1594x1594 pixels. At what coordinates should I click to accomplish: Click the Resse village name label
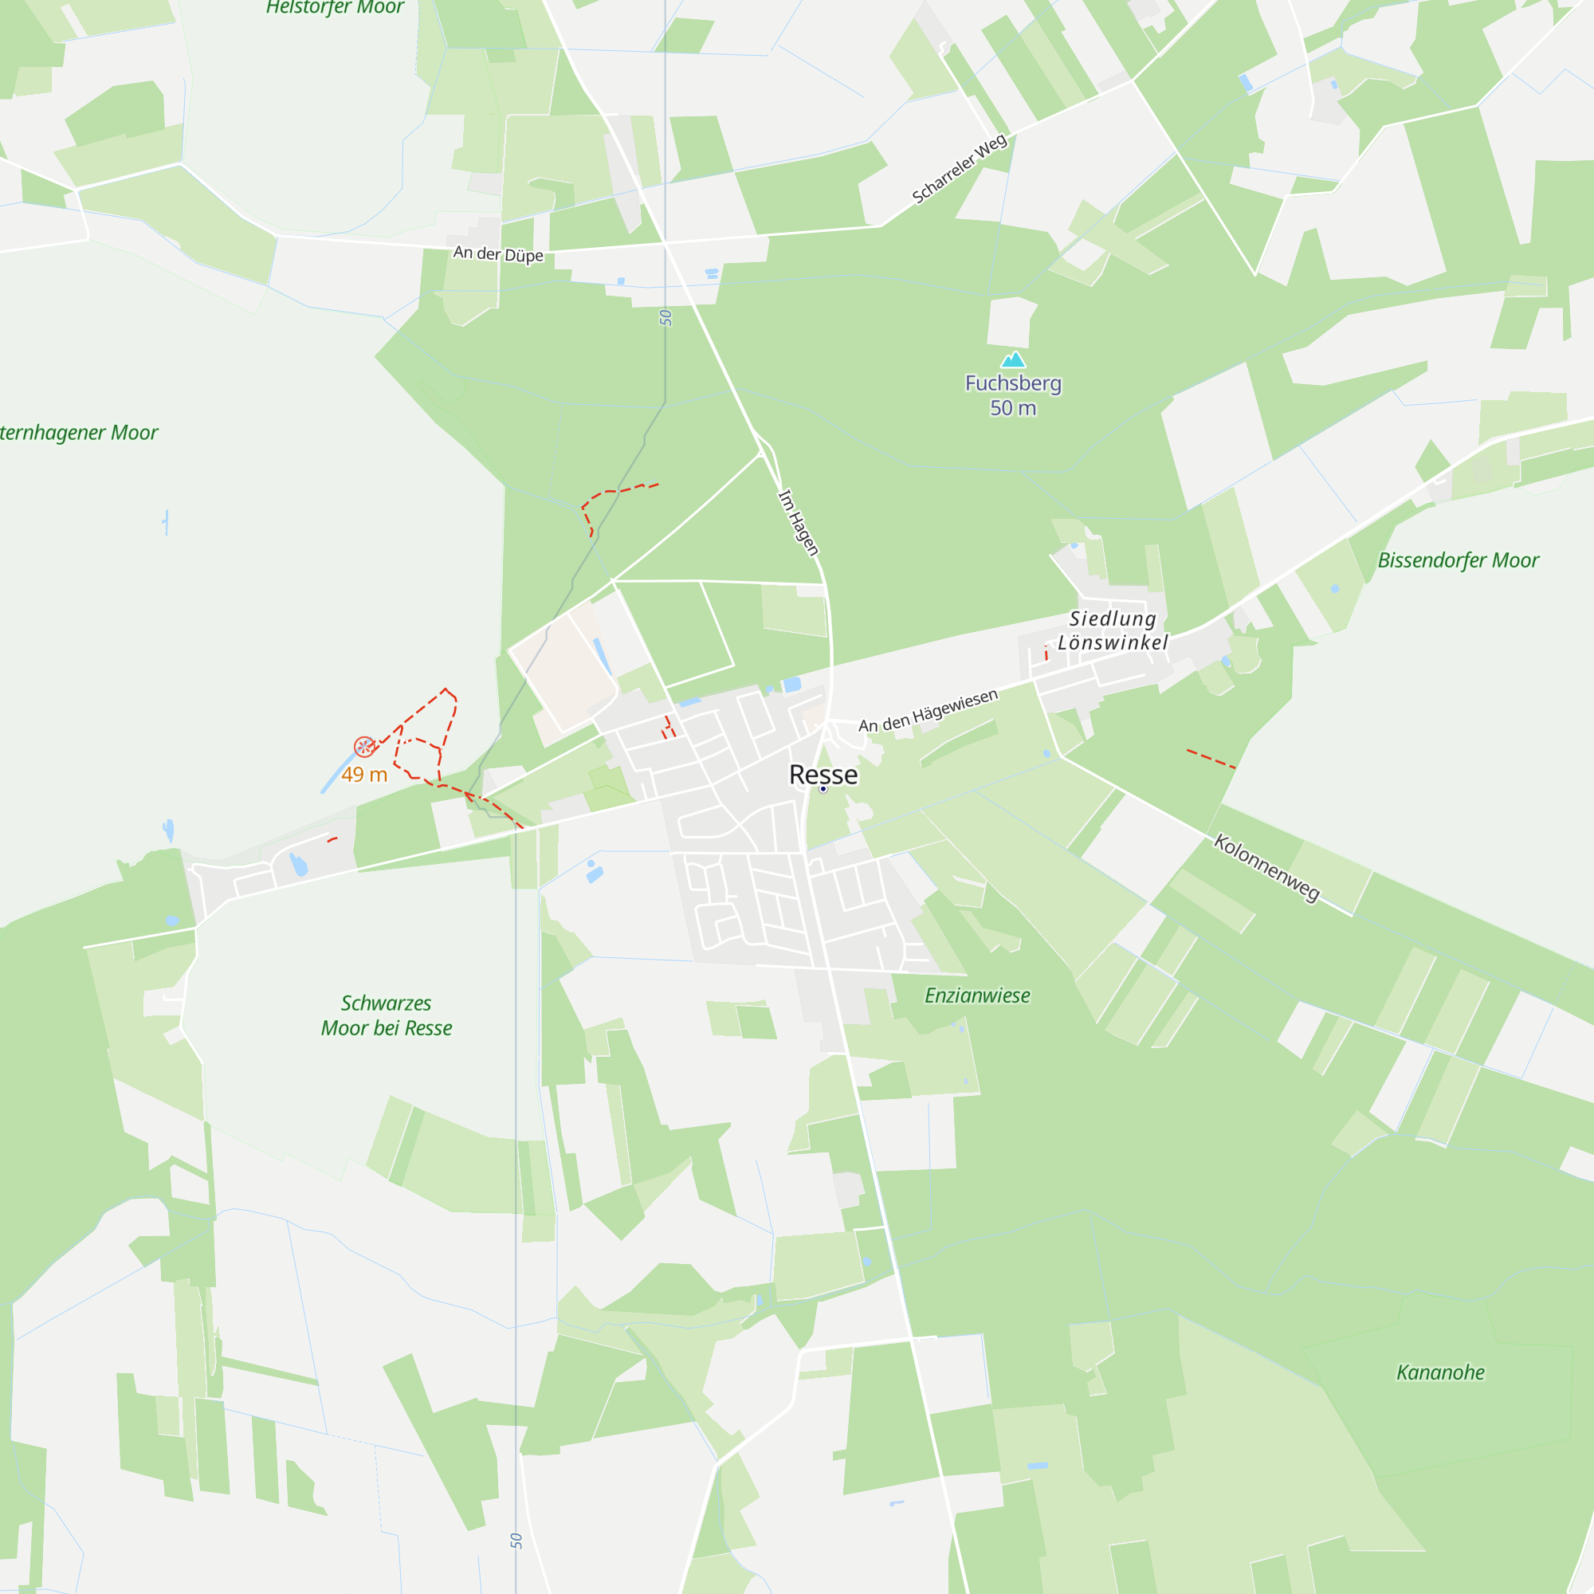(823, 774)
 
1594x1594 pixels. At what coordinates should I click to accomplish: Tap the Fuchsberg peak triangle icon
(1012, 359)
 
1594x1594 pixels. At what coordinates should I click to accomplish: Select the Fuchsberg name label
(1012, 383)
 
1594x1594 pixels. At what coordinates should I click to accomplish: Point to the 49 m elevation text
(364, 774)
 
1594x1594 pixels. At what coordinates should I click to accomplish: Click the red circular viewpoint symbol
(364, 747)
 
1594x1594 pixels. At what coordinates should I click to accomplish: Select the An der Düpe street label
(498, 253)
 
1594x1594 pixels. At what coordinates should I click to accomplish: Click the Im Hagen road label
(798, 522)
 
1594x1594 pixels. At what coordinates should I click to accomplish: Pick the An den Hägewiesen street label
(929, 711)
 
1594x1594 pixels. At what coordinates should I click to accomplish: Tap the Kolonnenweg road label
(1266, 867)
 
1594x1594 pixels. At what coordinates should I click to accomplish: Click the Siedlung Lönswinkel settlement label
(1112, 630)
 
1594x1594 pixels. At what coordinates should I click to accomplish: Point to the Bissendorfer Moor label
(1458, 560)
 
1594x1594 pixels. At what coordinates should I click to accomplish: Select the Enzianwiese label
(977, 995)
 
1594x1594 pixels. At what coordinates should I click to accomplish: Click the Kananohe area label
(1439, 1372)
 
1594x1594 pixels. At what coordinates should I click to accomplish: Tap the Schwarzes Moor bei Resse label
(386, 1015)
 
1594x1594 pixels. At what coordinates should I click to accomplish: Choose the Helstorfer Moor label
(335, 7)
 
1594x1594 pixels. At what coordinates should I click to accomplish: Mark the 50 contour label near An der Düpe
(665, 319)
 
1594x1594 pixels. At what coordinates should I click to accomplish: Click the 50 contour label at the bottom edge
(516, 1541)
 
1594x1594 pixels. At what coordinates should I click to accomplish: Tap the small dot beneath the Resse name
(823, 790)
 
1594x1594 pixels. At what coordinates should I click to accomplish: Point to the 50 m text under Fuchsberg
(1012, 407)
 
